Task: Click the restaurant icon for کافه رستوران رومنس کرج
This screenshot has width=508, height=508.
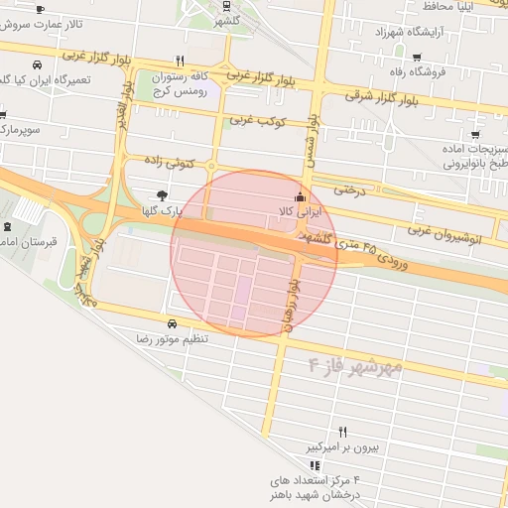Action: pos(179,60)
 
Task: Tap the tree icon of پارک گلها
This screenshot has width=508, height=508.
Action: pos(162,194)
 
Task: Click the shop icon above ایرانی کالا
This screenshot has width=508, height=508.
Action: pos(301,195)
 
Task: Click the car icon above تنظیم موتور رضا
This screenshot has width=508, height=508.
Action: pos(172,324)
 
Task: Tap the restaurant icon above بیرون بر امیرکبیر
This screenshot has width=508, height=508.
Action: pos(343,432)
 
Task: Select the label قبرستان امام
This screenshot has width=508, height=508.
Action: pos(29,242)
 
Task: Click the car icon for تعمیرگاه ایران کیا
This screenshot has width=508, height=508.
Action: pos(37,64)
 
